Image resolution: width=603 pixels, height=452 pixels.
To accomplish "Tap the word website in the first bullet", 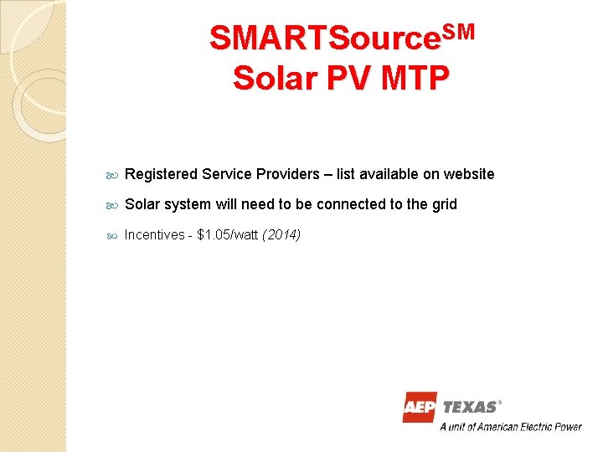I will [x=469, y=174].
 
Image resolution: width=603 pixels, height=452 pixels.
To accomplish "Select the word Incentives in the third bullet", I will [x=154, y=234].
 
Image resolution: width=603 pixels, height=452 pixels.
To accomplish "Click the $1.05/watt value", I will [x=227, y=234].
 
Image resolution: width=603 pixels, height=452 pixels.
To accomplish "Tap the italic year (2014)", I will [x=281, y=234].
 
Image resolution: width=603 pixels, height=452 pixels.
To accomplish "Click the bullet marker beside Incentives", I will [x=113, y=235].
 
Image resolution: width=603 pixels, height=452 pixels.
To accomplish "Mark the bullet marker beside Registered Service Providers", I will [x=113, y=175].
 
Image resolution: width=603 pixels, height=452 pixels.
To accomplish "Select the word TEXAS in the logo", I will [x=470, y=408].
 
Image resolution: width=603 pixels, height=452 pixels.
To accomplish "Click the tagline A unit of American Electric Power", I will [x=511, y=427].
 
